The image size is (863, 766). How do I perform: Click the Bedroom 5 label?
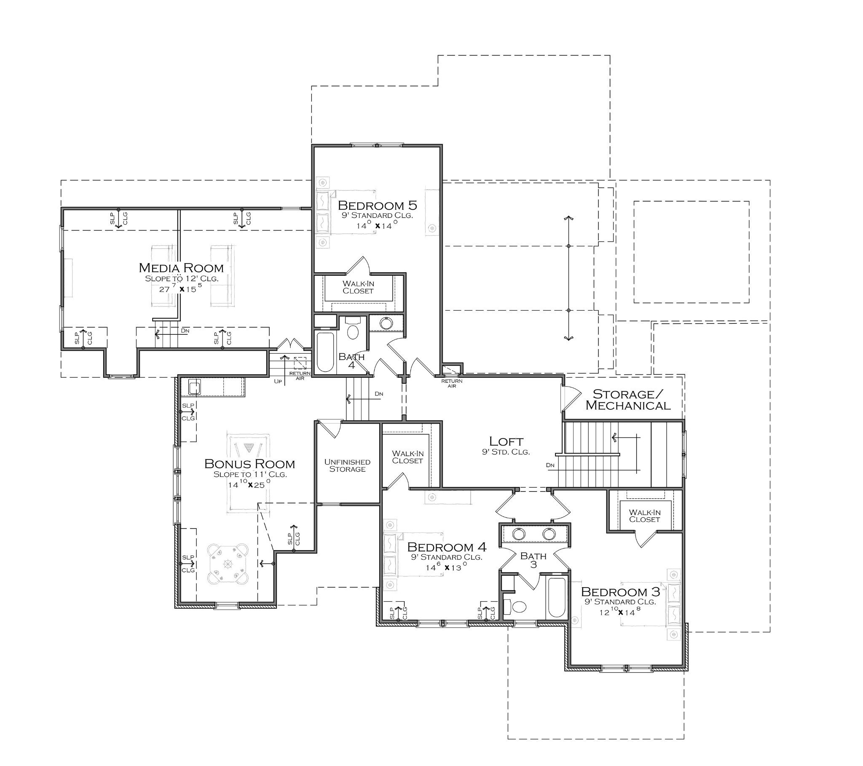(x=377, y=206)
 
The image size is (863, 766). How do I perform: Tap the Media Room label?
(x=181, y=268)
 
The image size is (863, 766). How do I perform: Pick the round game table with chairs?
(x=228, y=564)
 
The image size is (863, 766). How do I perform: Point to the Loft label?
(x=506, y=441)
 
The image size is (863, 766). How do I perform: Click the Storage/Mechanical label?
(x=628, y=400)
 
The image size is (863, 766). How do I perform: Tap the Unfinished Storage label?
(x=347, y=465)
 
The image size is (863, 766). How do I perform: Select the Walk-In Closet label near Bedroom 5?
(x=358, y=288)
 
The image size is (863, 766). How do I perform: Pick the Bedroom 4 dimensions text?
(x=446, y=568)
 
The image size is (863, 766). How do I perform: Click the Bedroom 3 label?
(x=620, y=591)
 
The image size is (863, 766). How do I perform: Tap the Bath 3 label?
(x=533, y=560)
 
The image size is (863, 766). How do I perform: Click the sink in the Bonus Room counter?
(x=194, y=387)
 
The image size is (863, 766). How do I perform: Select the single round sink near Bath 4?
(x=386, y=324)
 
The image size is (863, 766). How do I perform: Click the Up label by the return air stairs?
(x=277, y=381)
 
